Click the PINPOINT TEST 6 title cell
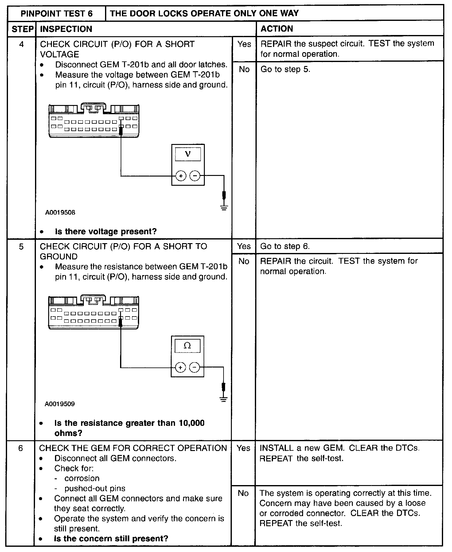(x=56, y=14)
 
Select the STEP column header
(x=22, y=29)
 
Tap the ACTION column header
(x=277, y=29)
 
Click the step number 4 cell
(x=21, y=44)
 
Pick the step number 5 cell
(x=21, y=246)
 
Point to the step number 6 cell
(x=20, y=448)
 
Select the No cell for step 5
(x=244, y=261)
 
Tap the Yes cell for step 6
(x=243, y=448)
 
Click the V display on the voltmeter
(x=188, y=154)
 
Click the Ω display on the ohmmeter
(x=187, y=346)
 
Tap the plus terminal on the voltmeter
(x=181, y=176)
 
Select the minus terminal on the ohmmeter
(x=194, y=367)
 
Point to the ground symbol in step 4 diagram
(x=224, y=208)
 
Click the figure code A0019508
(x=60, y=212)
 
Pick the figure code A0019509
(x=60, y=404)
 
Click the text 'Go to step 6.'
(x=285, y=246)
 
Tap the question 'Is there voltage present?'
(x=106, y=231)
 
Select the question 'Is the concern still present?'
(x=111, y=538)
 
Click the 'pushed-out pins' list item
(x=95, y=488)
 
